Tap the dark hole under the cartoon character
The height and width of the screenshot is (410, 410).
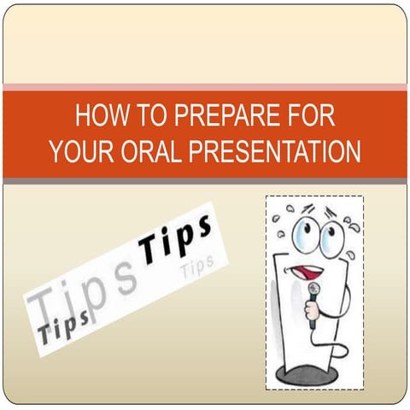(x=313, y=372)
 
